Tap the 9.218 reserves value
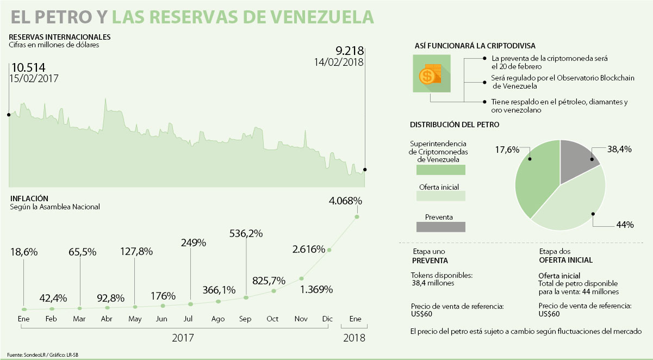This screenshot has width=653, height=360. [x=349, y=51]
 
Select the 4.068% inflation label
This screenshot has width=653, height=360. [x=345, y=201]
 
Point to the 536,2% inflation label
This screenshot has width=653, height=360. [x=246, y=233]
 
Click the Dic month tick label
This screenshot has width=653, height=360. [x=328, y=319]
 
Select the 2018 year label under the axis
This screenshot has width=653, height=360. [x=355, y=338]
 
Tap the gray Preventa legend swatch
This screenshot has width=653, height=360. [x=440, y=227]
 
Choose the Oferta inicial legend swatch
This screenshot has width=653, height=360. [x=440, y=196]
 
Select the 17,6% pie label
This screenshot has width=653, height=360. [x=507, y=150]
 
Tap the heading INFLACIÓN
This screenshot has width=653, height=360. [x=29, y=198]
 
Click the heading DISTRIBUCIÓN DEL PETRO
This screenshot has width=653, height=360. [x=455, y=125]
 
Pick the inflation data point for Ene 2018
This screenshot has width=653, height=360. [x=357, y=217]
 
